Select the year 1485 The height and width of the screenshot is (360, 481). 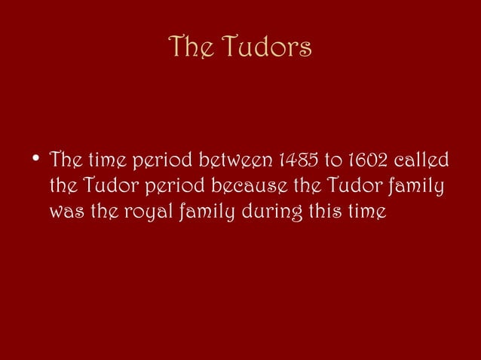[x=300, y=160]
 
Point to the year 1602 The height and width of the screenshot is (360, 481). [x=364, y=160]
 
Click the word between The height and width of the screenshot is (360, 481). [x=235, y=160]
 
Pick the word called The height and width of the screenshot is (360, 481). [x=421, y=160]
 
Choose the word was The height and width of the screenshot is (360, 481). [x=64, y=212]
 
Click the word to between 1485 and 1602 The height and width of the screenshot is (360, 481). [x=332, y=160]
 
